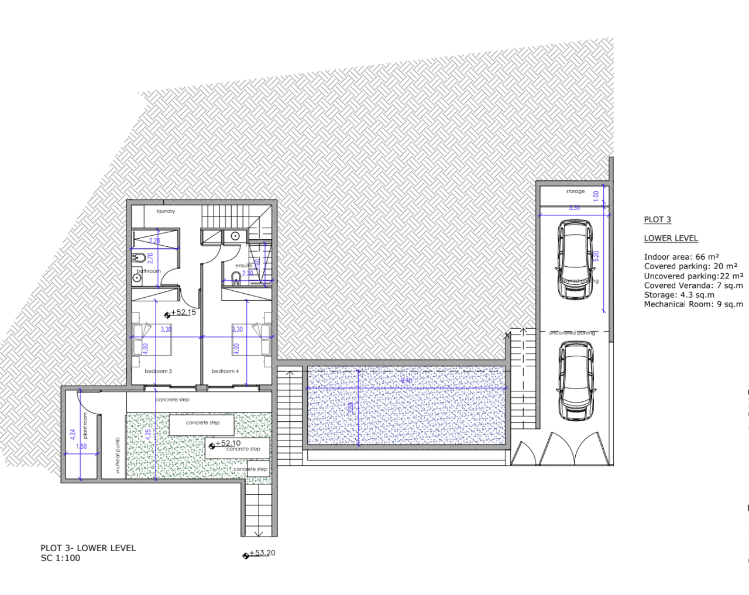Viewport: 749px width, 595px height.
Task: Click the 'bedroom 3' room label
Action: pos(158,371)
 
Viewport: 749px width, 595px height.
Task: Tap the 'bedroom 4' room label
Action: pos(225,371)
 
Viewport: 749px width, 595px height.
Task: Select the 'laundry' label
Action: pos(166,211)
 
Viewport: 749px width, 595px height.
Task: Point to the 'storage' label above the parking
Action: pos(575,191)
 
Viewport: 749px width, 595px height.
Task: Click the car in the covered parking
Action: pos(575,259)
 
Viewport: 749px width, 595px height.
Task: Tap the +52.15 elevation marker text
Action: pos(184,312)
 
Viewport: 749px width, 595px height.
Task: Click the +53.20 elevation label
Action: pos(262,553)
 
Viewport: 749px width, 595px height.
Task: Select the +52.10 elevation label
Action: pos(228,443)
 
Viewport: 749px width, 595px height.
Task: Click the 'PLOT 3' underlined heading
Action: pos(657,219)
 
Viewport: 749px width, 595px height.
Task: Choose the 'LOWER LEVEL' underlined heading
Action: pos(671,238)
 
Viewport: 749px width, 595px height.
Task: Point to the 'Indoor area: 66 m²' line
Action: pos(681,257)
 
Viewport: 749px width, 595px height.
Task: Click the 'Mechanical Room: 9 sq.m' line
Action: pos(693,304)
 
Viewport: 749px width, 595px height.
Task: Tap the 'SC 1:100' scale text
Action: pos(60,558)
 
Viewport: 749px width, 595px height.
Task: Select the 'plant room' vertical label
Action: pos(85,425)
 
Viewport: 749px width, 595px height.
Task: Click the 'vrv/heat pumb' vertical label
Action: pos(118,455)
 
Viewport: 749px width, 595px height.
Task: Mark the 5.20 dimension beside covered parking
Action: pos(596,256)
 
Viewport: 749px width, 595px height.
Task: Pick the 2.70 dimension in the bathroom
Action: pos(150,257)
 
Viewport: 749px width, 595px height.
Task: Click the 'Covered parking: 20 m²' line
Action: pos(690,266)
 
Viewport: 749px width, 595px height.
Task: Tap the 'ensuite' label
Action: pos(243,266)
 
